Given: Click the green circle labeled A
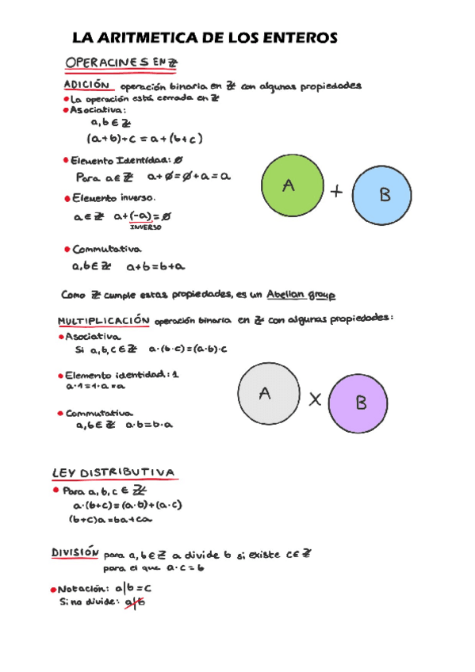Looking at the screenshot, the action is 291,186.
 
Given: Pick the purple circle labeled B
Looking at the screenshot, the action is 358,403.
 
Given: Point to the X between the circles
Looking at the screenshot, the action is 315,400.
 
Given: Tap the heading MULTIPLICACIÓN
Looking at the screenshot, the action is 104,321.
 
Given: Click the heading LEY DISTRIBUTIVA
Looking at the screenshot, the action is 113,473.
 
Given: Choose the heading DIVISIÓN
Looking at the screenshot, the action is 75,552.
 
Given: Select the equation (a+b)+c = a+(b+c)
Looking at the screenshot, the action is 145,139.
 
